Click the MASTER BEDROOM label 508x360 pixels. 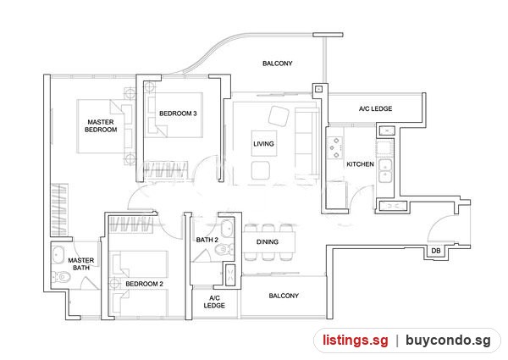click(x=101, y=125)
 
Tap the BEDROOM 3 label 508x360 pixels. click(x=178, y=114)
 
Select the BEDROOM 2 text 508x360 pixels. click(x=144, y=284)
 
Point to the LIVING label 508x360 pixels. click(x=263, y=143)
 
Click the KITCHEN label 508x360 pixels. click(x=361, y=164)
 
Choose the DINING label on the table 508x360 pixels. click(x=268, y=241)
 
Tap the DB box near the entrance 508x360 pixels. click(x=436, y=251)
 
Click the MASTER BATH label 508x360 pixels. click(x=81, y=264)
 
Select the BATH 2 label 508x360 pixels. click(x=207, y=240)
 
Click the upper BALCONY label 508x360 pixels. click(x=278, y=64)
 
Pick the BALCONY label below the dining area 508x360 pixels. click(x=284, y=296)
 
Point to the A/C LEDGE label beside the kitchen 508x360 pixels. click(x=375, y=109)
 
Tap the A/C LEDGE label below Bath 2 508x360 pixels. click(x=214, y=302)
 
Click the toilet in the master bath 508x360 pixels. click(x=62, y=277)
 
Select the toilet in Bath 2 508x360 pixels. click(x=224, y=250)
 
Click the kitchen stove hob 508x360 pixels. click(x=334, y=147)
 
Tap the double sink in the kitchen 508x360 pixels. click(x=385, y=171)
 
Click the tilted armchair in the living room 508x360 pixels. click(x=279, y=116)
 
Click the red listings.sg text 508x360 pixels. click(x=355, y=341)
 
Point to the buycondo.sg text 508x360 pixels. click(x=448, y=341)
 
